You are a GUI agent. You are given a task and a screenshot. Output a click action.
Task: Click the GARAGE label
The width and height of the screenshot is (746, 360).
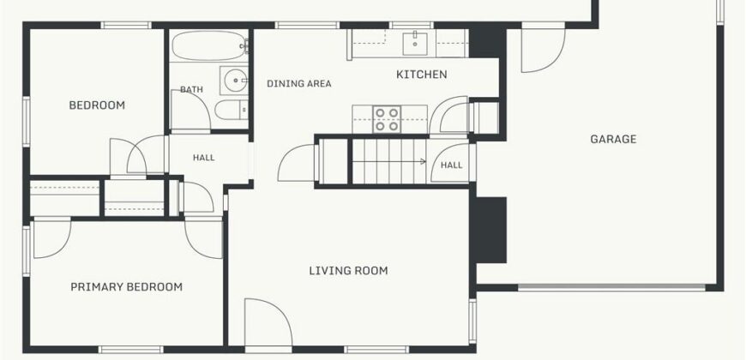pos(613,140)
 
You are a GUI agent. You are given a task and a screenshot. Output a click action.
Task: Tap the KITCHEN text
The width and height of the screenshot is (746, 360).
pos(422,75)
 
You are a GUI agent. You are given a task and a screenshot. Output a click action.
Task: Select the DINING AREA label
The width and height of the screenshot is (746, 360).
pos(298,84)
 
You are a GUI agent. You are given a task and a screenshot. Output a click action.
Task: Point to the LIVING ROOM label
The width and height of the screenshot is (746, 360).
pos(348,271)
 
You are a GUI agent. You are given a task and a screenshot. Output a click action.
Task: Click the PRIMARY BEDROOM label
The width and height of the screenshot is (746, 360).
pos(127,287)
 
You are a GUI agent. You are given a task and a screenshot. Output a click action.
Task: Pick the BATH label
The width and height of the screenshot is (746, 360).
pos(191,89)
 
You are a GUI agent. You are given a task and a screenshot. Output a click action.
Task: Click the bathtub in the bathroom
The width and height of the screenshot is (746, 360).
pos(210,45)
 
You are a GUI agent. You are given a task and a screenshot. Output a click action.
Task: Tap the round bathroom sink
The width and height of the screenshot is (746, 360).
pos(235,81)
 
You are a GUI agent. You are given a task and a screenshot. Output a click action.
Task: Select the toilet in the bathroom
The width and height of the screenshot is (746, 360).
pos(232,110)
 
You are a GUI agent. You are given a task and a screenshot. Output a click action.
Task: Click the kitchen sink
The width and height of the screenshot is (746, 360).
pos(415,44)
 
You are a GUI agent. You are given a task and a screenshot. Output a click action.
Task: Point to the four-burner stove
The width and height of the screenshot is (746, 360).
pos(387,119)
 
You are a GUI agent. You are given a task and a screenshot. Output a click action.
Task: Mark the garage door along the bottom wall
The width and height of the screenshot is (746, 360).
pos(611,287)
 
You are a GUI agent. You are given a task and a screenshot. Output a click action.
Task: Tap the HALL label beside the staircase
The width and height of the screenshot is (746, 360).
pos(451,165)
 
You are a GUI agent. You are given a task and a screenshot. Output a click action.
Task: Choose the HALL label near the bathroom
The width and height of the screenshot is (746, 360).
pos(203,158)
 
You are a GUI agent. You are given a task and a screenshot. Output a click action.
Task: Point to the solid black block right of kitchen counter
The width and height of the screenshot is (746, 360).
pos(487,43)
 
